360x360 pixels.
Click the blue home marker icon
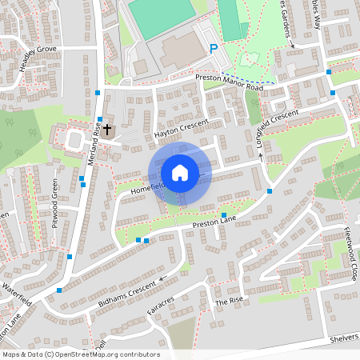179,172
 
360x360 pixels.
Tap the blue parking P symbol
213,49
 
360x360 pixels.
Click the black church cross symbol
107,129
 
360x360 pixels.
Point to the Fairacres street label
160,306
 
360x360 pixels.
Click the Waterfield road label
18,294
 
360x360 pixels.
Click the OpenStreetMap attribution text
81,354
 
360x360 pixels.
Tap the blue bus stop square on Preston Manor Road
328,72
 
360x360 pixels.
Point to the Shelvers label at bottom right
344,339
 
